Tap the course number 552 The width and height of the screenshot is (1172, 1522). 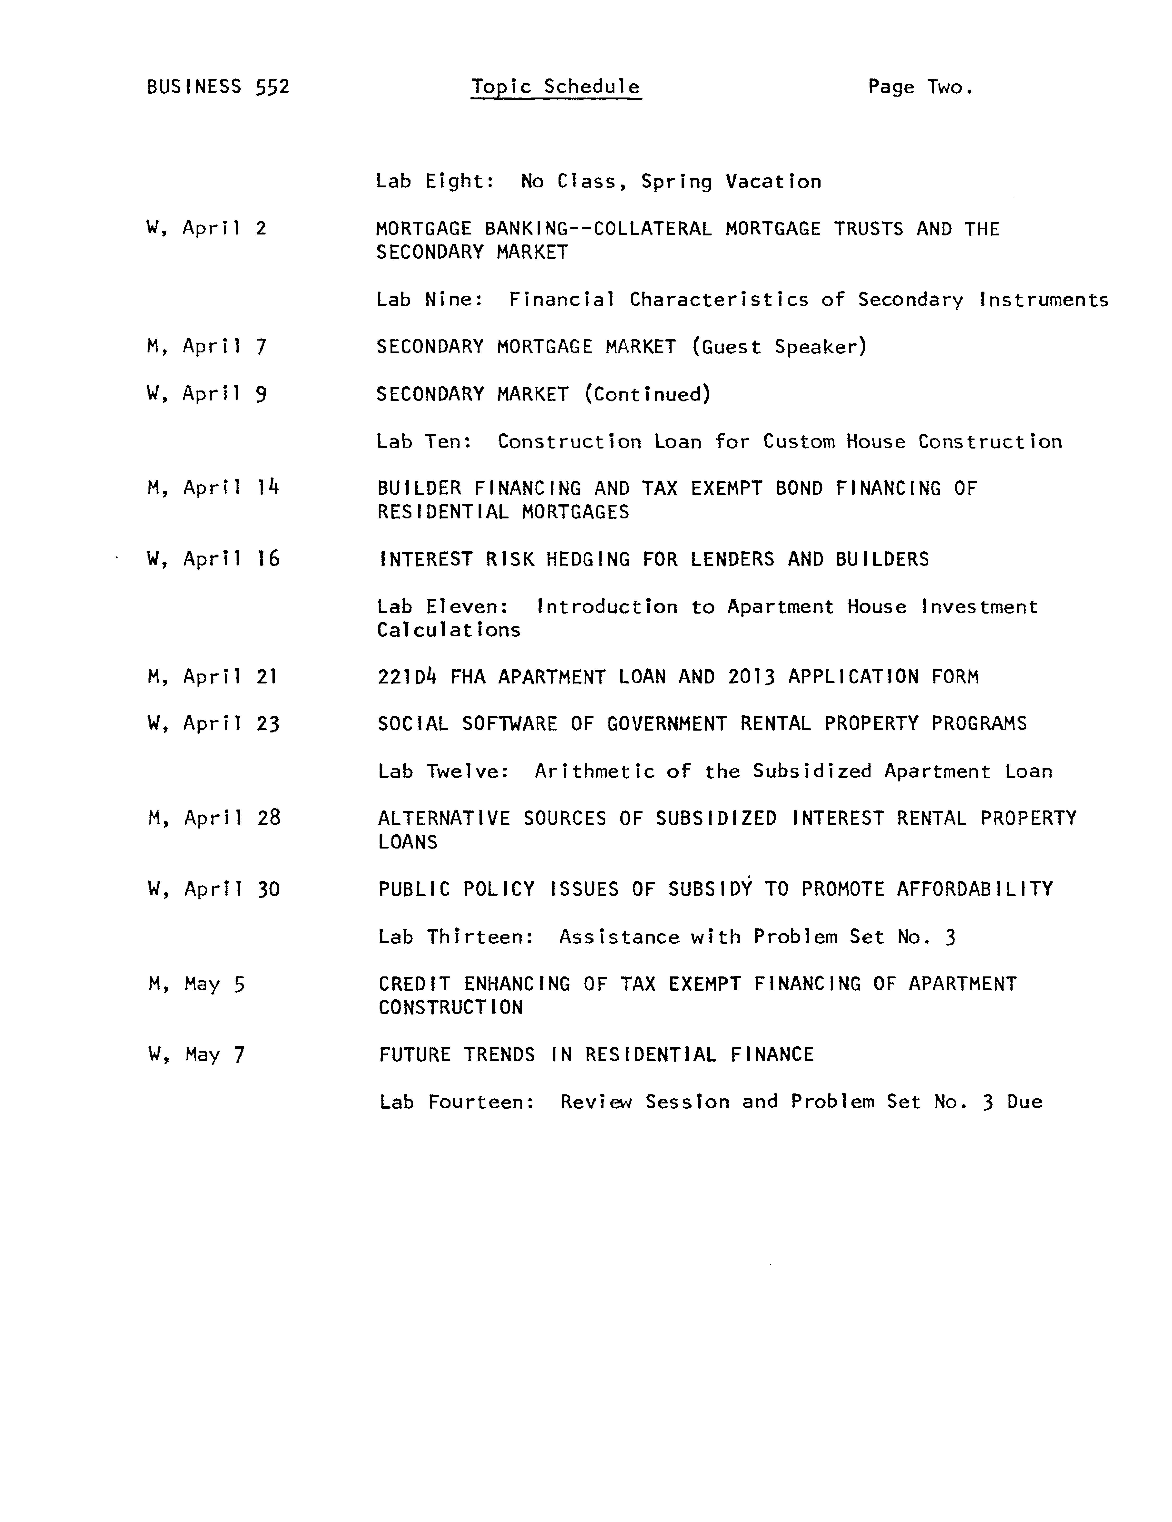point(273,87)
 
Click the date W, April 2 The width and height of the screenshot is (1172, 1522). point(206,228)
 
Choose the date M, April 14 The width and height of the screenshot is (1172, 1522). point(213,488)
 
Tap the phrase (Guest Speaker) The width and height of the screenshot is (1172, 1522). point(779,346)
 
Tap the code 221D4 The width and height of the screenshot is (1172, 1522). point(406,677)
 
